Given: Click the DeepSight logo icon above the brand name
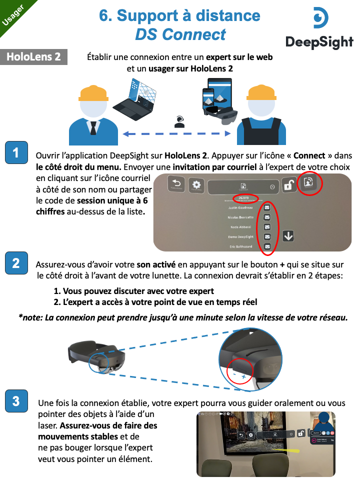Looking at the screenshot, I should pos(319,18).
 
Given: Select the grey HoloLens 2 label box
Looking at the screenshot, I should pos(34,56).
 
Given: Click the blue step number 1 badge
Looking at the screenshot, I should pos(16,152).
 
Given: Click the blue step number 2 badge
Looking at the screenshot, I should pos(16,263).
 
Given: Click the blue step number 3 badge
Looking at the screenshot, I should pos(16,400).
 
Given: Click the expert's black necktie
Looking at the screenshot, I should pos(93,128).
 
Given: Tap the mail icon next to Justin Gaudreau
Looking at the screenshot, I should pos(267,206).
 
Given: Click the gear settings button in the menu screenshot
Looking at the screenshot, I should pos(196,184).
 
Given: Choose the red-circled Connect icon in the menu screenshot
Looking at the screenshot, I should pos(309,183).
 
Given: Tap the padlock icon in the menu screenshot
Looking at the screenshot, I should pos(289,185).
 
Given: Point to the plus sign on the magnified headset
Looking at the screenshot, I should pos(244,375).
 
